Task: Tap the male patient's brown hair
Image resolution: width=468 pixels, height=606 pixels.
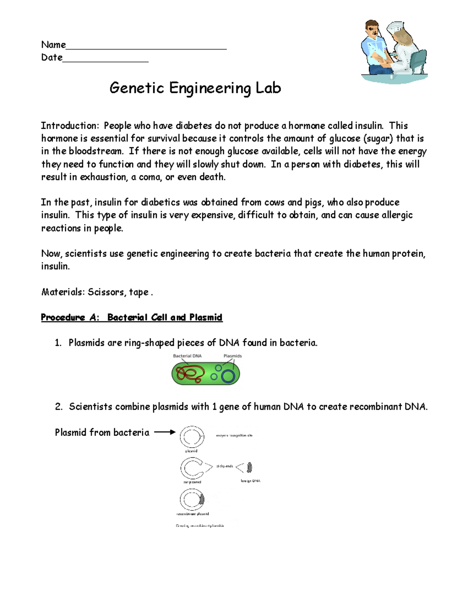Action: [x=371, y=25]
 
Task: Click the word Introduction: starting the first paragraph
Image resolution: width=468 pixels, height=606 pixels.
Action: [x=70, y=126]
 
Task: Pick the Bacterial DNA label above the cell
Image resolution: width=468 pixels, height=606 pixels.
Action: [x=187, y=356]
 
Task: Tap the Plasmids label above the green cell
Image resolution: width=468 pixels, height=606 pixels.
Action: [x=232, y=356]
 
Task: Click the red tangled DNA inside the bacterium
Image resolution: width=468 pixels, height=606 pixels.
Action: [x=190, y=373]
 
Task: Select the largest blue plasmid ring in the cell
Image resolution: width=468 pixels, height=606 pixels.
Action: [x=228, y=376]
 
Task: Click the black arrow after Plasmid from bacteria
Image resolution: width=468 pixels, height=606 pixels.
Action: [x=165, y=432]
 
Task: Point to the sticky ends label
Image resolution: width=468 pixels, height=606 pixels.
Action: [x=225, y=466]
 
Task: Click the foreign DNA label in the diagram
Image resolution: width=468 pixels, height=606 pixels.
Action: [x=250, y=481]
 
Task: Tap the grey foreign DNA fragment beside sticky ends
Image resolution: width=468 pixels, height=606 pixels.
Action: [x=250, y=467]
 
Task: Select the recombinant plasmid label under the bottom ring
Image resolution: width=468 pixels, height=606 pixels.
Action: [x=193, y=514]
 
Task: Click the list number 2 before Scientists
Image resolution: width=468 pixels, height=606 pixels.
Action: [x=58, y=407]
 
